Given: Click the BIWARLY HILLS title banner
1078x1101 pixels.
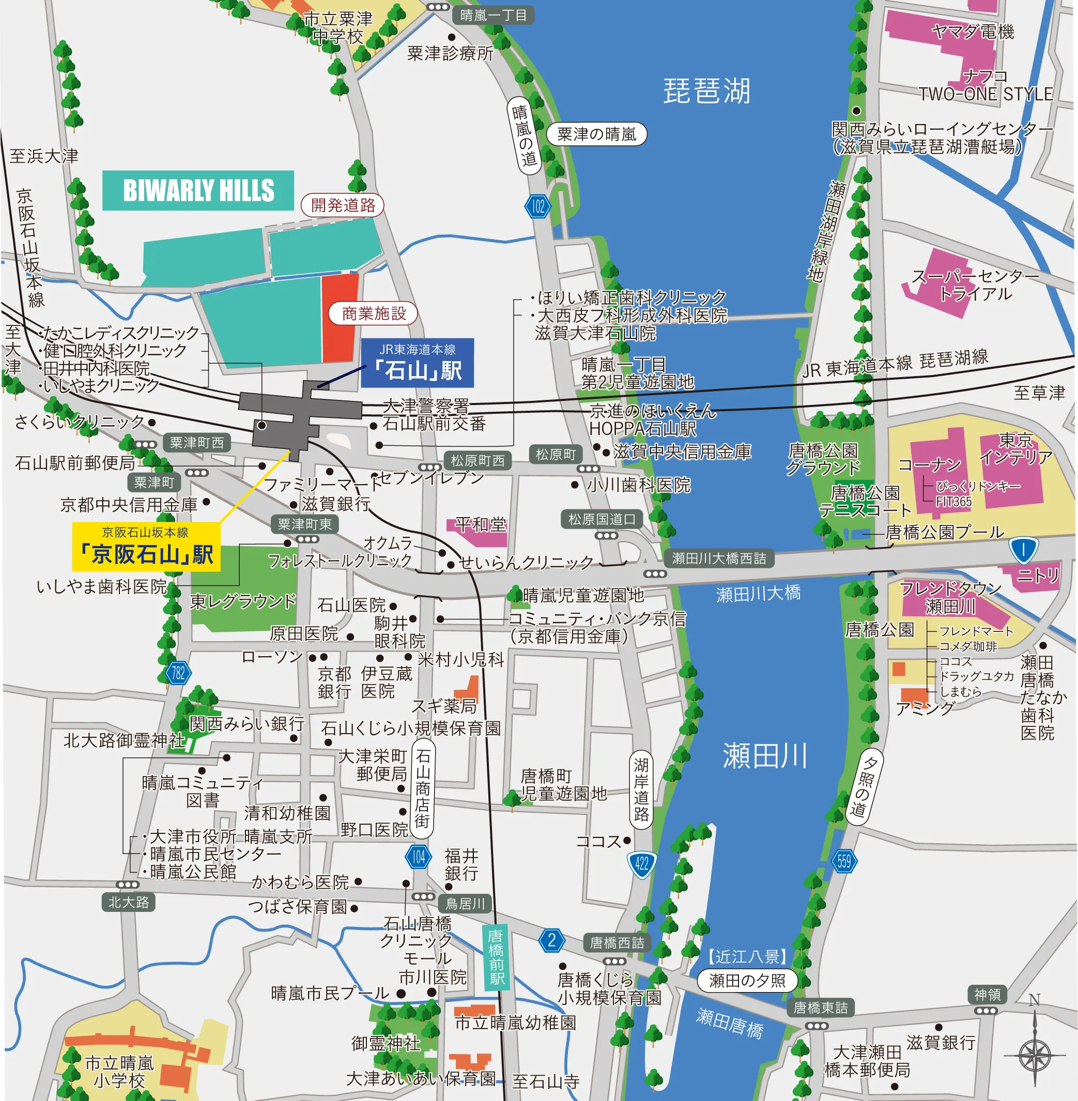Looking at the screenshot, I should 198,191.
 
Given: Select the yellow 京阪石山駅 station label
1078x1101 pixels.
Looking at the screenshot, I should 146,547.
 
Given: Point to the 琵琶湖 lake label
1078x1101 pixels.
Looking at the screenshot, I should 706,91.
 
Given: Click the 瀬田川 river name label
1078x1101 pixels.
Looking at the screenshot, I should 764,756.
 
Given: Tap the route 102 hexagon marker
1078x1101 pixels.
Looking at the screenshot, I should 538,207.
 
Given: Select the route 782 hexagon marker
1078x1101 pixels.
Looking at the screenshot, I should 178,673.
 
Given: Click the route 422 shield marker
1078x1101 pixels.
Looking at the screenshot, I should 641,864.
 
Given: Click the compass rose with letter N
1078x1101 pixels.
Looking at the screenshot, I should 1035,1055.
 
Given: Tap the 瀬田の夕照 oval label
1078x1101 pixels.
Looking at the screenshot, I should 747,981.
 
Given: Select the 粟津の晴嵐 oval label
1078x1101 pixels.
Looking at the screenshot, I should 596,134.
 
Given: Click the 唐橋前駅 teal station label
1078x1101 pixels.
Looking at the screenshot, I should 497,957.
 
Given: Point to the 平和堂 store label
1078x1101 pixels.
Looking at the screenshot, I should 481,525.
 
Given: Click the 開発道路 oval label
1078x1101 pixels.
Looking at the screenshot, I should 343,205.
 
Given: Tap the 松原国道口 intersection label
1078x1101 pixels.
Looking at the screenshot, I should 602,519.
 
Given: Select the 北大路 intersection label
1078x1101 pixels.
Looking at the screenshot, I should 129,902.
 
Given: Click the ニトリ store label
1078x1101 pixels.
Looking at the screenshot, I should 1038,576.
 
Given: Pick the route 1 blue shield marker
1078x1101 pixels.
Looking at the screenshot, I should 1023,550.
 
